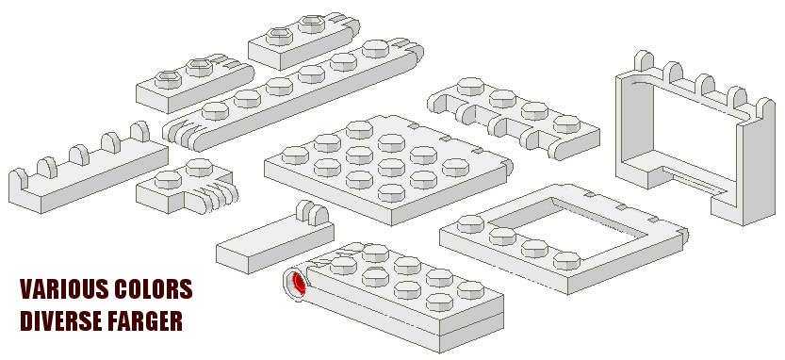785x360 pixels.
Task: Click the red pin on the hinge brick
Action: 299,284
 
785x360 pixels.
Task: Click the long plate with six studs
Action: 293,95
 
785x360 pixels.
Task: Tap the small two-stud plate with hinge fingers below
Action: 187,187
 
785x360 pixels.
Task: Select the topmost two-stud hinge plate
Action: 303,41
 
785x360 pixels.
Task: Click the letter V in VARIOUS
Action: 26,289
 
